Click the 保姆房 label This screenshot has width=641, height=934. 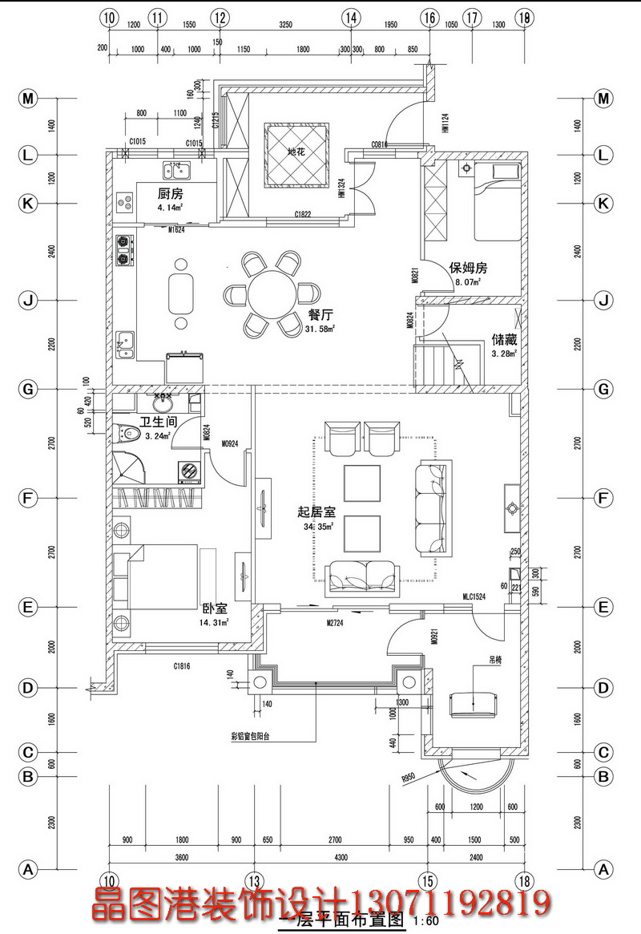[469, 268]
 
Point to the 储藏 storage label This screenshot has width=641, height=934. [504, 339]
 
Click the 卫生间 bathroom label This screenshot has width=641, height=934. [156, 423]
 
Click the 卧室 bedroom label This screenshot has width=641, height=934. [212, 608]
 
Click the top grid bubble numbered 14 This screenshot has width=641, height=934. [350, 18]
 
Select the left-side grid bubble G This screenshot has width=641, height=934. [28, 390]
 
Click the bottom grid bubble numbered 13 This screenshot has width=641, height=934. [254, 879]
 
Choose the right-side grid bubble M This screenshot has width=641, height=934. [603, 99]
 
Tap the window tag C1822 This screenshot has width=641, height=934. [302, 215]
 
